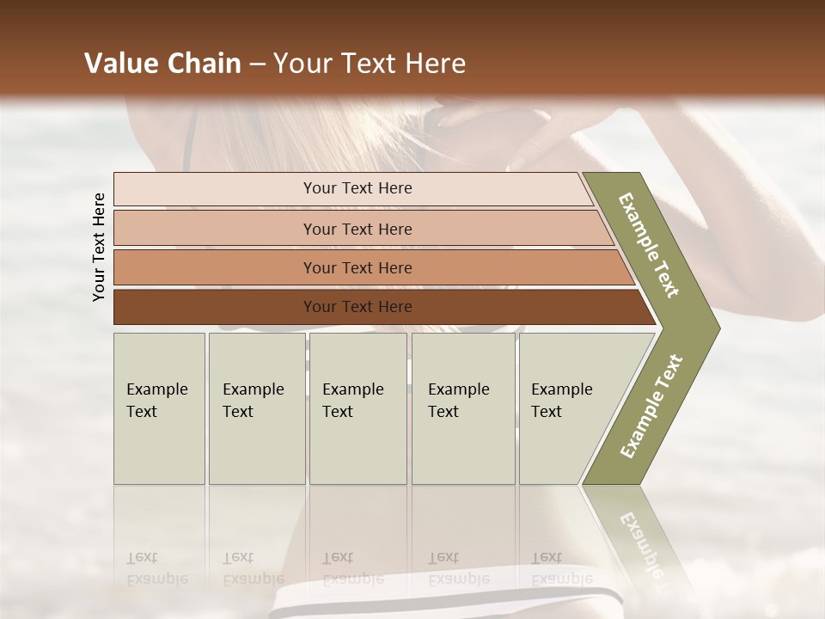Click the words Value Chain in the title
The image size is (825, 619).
162,64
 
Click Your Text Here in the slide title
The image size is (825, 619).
370,64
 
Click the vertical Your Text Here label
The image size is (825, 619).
99,247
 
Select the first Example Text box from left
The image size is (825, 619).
159,408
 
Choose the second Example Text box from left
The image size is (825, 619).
256,408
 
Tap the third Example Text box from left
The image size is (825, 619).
357,408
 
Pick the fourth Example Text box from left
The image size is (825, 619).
463,408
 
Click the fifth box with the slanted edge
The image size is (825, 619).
567,408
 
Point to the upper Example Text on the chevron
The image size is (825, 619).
649,245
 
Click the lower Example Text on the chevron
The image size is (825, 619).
651,407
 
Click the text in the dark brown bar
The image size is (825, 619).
357,307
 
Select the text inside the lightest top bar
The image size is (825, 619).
357,188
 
